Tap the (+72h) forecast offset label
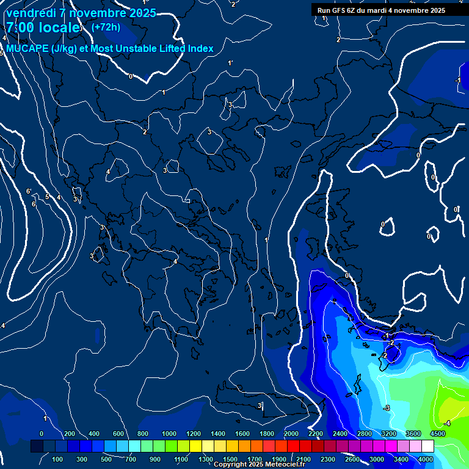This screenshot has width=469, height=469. click(x=106, y=27)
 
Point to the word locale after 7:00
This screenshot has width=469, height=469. click(x=60, y=27)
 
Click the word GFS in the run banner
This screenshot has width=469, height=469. click(x=340, y=10)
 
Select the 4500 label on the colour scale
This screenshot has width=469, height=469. click(x=437, y=434)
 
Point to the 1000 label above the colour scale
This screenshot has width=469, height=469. click(x=169, y=434)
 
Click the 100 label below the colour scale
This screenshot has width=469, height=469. click(x=57, y=459)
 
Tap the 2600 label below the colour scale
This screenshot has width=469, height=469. click(x=352, y=459)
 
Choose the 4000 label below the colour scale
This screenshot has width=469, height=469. click(x=426, y=459)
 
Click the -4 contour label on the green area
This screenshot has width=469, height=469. click(x=447, y=423)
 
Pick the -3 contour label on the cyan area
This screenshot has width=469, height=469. click(x=386, y=407)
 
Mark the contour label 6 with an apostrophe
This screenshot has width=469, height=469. click(x=29, y=192)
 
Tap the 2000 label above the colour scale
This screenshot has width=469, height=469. click(x=291, y=434)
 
